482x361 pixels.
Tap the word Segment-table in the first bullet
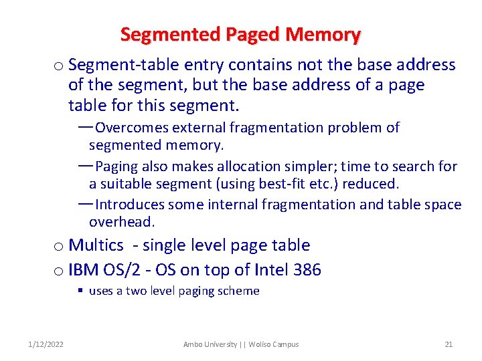(112, 65)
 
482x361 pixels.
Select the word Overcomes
(133, 128)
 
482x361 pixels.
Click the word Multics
(96, 245)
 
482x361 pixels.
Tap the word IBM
(84, 270)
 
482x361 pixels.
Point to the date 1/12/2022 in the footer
(46, 344)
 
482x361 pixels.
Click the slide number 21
(449, 344)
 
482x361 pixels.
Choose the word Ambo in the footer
(194, 344)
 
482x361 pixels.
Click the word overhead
(122, 222)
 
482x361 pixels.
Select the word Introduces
(130, 205)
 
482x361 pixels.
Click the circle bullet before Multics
(58, 247)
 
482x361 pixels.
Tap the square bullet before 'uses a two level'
(80, 291)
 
